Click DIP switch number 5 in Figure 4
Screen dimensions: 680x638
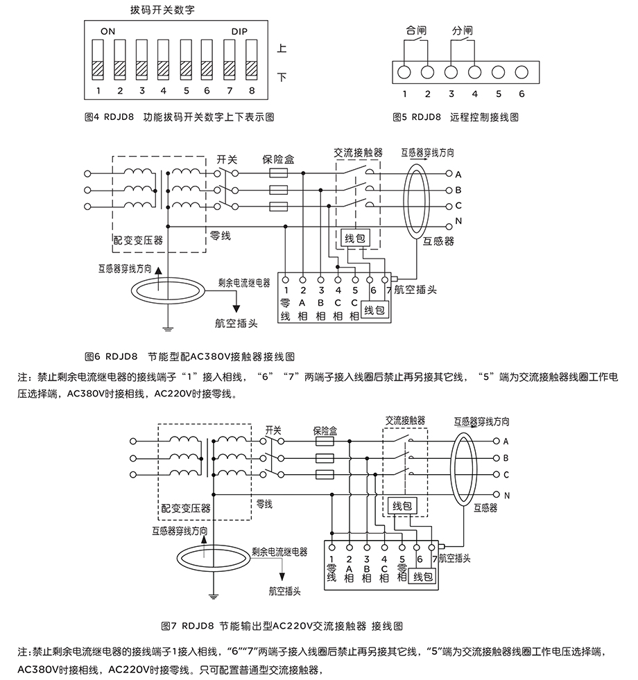coord(186,60)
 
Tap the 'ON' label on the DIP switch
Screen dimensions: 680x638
coord(107,32)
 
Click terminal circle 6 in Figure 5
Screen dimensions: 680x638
coord(521,71)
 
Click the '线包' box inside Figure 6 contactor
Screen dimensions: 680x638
coord(358,238)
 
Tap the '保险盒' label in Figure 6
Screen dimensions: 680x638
coord(278,159)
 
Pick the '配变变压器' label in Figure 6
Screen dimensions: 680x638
coord(138,240)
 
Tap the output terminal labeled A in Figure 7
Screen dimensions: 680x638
coord(497,441)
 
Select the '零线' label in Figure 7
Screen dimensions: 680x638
coord(264,503)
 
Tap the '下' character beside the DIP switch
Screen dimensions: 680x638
coord(282,76)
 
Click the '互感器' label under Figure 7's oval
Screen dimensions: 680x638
coord(485,507)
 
